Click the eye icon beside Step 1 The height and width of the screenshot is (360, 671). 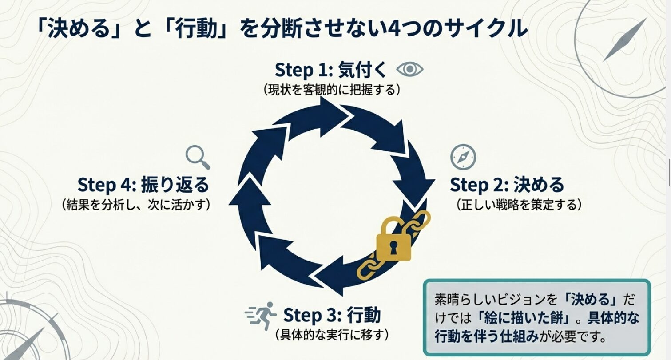click(x=409, y=69)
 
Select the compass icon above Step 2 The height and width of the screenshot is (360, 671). click(x=463, y=157)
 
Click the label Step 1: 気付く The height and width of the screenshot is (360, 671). click(x=331, y=70)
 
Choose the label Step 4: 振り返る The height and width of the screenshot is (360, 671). click(x=143, y=185)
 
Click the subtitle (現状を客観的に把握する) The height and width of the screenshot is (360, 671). click(x=332, y=90)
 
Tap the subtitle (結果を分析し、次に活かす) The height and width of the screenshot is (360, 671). click(x=136, y=205)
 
